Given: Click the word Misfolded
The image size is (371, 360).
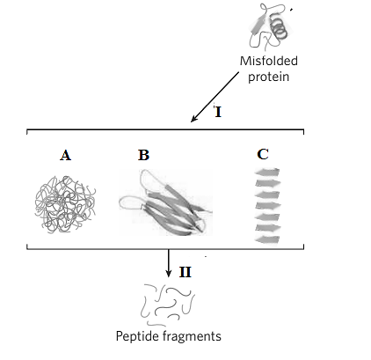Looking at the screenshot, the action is tap(269, 61).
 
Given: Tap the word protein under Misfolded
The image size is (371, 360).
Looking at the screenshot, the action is tap(268, 77).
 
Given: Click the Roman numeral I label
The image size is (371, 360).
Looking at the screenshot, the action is tap(218, 113).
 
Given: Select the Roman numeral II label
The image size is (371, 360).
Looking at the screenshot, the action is tap(185, 272).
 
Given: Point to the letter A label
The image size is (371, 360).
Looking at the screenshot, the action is tap(65, 155).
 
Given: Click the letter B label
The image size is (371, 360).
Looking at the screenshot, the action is tap(143, 155).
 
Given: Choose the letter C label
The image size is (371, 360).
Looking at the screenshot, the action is tap(263, 154).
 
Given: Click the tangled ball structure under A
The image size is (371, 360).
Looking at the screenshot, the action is tap(65, 205).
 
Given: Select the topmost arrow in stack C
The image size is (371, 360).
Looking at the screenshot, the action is tap(267, 172).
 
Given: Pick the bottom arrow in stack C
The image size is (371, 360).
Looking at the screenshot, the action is tap(267, 239).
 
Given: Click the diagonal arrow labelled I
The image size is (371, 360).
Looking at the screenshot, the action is tap(215, 97).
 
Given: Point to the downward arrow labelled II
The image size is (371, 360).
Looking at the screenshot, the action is tap(169, 263).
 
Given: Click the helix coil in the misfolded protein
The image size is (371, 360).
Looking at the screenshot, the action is tap(279, 28).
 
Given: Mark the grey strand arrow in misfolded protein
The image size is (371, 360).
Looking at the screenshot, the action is tap(258, 25).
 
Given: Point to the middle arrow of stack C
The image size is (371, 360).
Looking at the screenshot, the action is tap(268, 206).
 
